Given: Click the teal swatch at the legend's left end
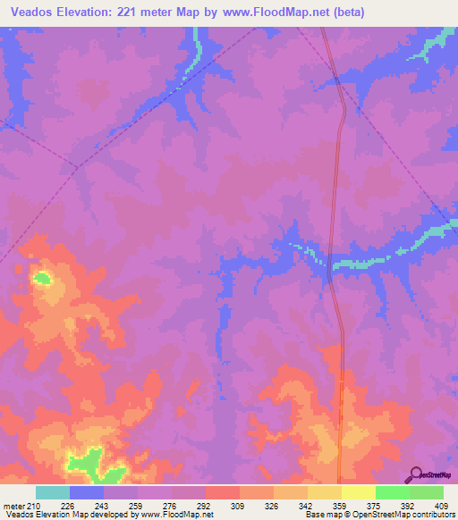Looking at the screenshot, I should point(53,492).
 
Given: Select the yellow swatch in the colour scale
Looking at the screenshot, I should point(358,492).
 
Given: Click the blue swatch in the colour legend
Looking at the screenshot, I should point(87,492).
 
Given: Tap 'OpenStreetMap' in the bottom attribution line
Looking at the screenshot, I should point(373,515).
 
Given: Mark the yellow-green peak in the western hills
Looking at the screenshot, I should point(42,278).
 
